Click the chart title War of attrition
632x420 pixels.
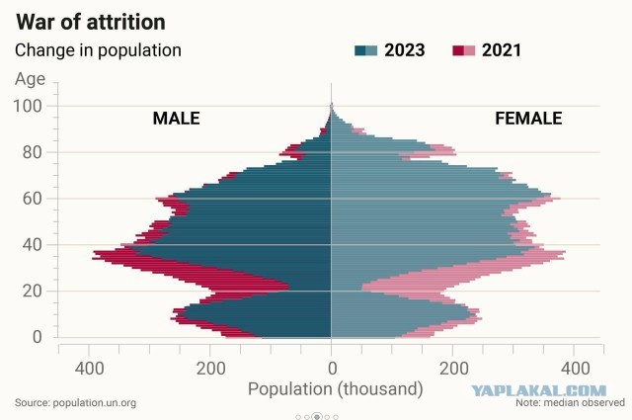click(91, 22)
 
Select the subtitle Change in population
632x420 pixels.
click(98, 50)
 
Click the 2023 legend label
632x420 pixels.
click(404, 50)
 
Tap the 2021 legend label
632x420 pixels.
click(502, 50)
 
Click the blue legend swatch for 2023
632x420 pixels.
click(366, 50)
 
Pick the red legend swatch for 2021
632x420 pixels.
click(464, 50)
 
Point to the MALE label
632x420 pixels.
click(176, 119)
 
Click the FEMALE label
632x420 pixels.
click(528, 119)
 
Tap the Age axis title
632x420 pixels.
click(31, 79)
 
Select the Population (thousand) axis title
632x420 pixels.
click(336, 389)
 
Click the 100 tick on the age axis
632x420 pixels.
click(28, 107)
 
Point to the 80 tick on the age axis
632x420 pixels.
click(33, 152)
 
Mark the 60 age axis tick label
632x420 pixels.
click(33, 199)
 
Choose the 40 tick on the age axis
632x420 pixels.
click(33, 245)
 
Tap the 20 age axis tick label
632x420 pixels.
click(33, 291)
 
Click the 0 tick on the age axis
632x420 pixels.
click(38, 337)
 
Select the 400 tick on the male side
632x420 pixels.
click(90, 369)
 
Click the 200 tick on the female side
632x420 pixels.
click(454, 369)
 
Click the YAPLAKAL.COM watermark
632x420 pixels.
click(539, 391)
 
